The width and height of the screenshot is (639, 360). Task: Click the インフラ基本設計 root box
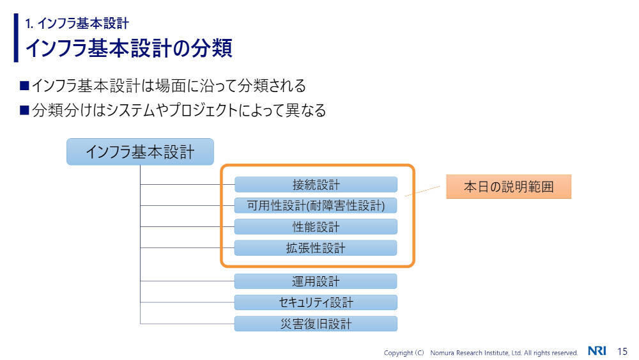pyautogui.click(x=140, y=152)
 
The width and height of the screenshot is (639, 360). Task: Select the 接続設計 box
pyautogui.click(x=316, y=185)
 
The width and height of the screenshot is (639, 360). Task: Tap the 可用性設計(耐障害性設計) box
pyautogui.click(x=316, y=205)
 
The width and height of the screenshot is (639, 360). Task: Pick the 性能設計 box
pyautogui.click(x=316, y=227)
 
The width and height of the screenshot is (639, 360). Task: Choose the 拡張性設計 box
pyautogui.click(x=316, y=248)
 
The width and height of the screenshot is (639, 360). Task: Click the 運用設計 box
pyautogui.click(x=316, y=281)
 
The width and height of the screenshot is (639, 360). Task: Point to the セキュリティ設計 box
pyautogui.click(x=316, y=302)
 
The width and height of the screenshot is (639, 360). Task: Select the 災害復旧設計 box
pyautogui.click(x=316, y=324)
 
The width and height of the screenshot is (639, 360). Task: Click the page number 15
pyautogui.click(x=622, y=351)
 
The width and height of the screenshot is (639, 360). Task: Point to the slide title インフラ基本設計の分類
pyautogui.click(x=128, y=48)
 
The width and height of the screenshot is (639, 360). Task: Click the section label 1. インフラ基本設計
pyautogui.click(x=77, y=24)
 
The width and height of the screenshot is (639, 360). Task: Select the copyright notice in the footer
pyautogui.click(x=481, y=352)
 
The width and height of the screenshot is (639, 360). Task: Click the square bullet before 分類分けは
pyautogui.click(x=25, y=111)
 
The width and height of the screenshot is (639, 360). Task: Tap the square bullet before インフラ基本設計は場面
pyautogui.click(x=25, y=85)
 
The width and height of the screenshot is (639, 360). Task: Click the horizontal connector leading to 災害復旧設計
pyautogui.click(x=187, y=324)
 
